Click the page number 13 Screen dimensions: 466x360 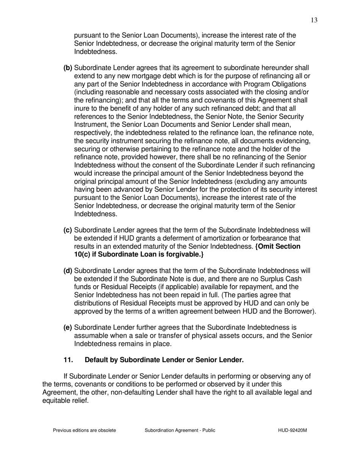click(x=314, y=20)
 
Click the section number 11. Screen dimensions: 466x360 click(x=68, y=360)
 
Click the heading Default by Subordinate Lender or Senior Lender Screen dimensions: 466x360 click(x=164, y=360)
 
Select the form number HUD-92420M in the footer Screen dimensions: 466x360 click(x=292, y=430)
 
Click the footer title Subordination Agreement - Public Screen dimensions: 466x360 click(x=180, y=430)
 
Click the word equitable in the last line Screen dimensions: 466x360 click(x=55, y=400)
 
